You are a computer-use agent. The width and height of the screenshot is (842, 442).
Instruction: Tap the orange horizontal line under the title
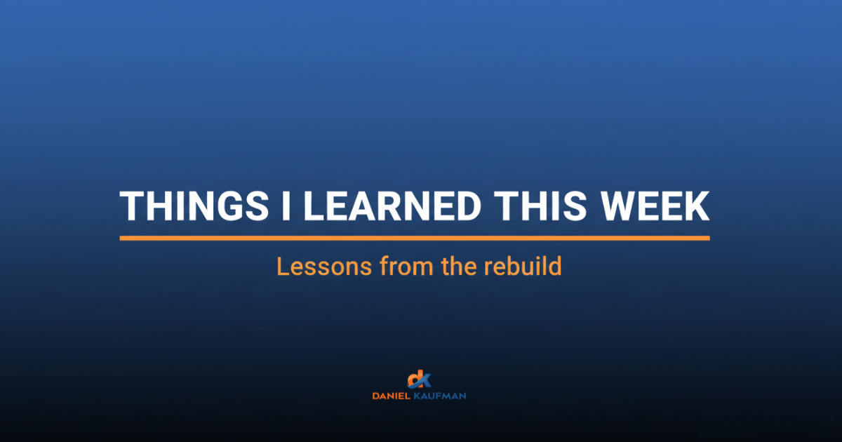point(414,239)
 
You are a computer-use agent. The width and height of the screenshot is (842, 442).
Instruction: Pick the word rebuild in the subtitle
point(523,267)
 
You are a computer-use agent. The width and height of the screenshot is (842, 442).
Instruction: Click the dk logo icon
point(420,380)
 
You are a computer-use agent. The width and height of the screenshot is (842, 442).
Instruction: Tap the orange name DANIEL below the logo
point(391,396)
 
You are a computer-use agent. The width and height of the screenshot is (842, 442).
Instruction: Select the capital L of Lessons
point(282,267)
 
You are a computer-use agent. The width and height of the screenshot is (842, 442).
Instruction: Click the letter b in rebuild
point(512,267)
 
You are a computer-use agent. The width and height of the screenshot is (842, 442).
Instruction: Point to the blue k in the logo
point(425,380)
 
